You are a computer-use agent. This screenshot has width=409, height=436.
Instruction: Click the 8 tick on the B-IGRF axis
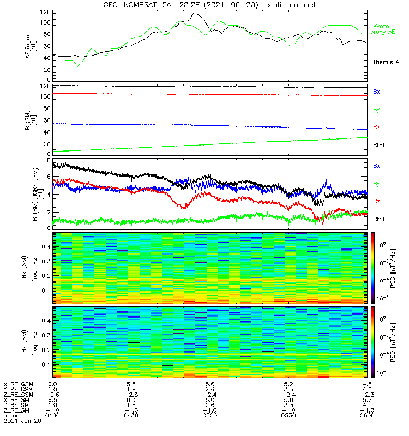[x=48, y=161]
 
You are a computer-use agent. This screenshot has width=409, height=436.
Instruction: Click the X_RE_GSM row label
[x=18, y=384]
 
